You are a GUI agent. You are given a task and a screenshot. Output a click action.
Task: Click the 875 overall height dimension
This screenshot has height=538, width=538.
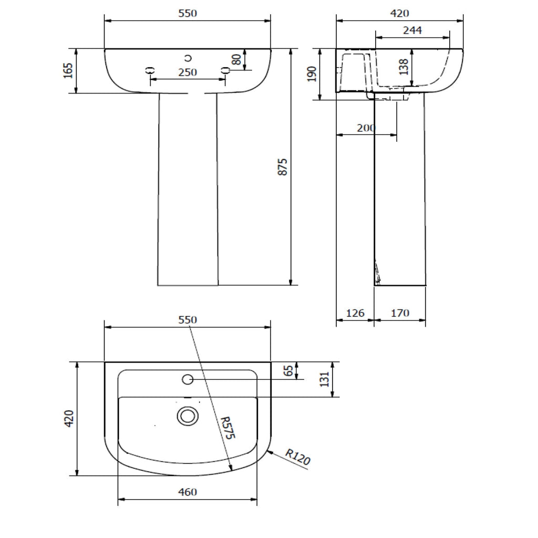click(282, 167)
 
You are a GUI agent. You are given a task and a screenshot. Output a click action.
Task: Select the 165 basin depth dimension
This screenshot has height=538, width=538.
click(68, 70)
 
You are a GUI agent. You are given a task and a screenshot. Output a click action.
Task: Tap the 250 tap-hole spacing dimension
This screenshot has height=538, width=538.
click(188, 73)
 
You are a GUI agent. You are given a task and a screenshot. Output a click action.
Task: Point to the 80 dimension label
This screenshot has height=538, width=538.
click(237, 59)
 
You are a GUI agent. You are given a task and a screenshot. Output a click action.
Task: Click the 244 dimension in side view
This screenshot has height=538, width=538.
click(412, 30)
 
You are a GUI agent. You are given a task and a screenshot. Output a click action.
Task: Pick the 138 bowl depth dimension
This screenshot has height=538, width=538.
click(404, 67)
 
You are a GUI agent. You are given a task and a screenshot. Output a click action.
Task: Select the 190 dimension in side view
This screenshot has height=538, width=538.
click(312, 74)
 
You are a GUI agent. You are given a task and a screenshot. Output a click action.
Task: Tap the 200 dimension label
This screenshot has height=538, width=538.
click(366, 128)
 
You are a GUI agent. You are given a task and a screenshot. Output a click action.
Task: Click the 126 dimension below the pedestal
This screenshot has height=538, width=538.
click(355, 313)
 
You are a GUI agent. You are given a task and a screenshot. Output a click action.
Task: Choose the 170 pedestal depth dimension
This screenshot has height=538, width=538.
click(400, 313)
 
